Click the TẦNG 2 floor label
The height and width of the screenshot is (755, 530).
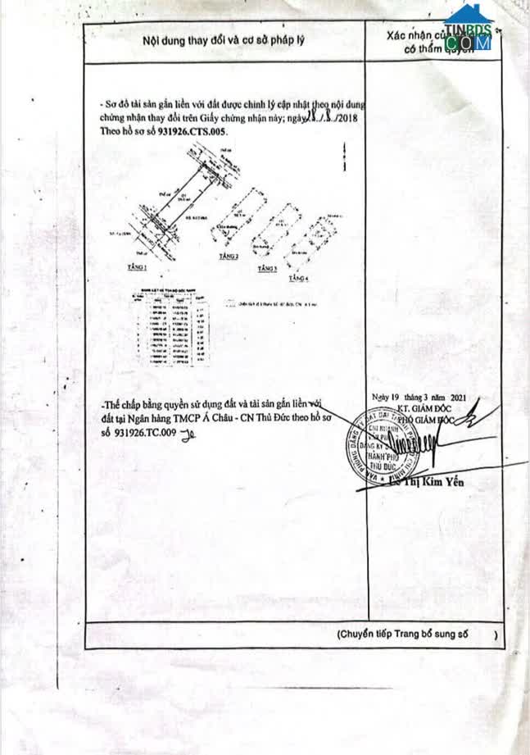(229, 257)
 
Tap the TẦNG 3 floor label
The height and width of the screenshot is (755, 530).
(266, 269)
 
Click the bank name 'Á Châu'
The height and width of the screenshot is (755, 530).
(245, 419)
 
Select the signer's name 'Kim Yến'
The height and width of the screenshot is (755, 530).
(446, 483)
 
